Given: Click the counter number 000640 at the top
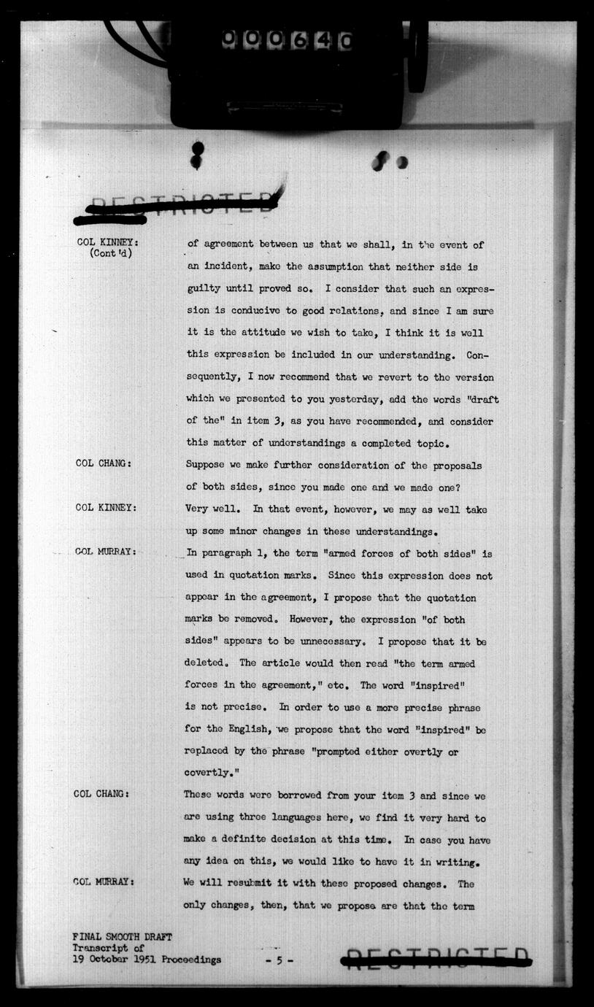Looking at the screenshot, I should [287, 40].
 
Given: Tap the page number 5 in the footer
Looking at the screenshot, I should [279, 961].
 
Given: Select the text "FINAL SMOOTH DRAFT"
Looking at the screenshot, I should [123, 936].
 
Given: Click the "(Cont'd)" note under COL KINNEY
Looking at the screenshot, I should [111, 254].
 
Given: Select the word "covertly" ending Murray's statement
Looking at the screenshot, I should [208, 773].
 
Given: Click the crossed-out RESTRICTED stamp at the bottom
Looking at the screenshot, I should [436, 959].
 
